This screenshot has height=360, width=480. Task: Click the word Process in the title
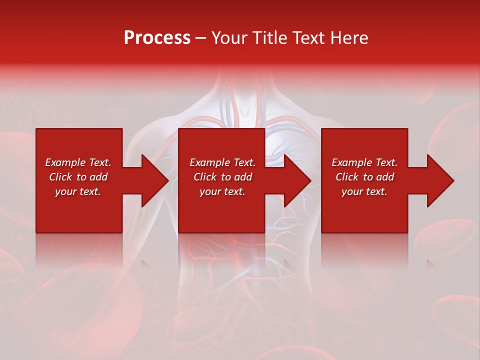point(157,38)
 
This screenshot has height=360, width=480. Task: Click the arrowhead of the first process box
point(152,180)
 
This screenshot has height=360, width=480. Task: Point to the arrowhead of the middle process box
point(295,180)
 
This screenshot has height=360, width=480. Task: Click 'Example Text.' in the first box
point(78,162)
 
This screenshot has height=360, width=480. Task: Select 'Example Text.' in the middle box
point(222,162)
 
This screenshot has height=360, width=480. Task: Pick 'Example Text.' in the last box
point(364,162)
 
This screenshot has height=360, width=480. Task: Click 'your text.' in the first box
point(78,191)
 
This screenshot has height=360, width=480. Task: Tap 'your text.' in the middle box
point(222,191)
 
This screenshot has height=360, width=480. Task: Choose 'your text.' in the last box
point(364,191)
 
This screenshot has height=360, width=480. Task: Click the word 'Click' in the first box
point(60,177)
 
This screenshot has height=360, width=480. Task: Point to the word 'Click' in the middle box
point(205,177)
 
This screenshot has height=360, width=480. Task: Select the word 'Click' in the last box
point(347,177)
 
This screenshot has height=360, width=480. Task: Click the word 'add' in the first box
point(98,177)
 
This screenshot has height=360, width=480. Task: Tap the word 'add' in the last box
point(385,177)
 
